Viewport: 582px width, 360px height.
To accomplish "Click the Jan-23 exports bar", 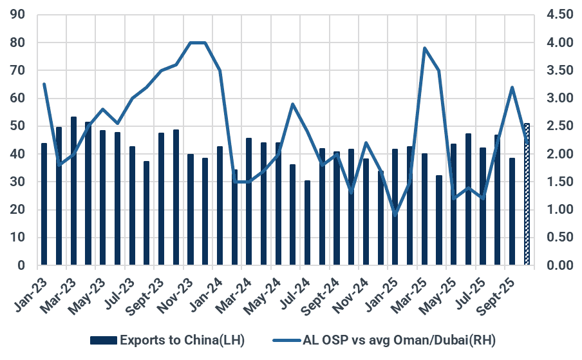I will pos(44,204).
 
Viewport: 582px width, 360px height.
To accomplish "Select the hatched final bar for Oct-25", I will pos(527,194).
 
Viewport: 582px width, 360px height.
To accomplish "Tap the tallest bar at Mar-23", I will pos(73,191).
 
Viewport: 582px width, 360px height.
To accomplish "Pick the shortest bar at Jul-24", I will pos(308,223).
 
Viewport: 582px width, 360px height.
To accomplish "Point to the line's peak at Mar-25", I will pos(425,48).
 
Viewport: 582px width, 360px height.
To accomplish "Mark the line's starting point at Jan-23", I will pos(44,84).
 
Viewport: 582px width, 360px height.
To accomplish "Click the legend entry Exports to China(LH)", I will pos(168,339).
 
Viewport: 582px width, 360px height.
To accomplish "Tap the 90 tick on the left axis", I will pos(18,15).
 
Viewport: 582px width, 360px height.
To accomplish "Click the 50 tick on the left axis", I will pos(18,126).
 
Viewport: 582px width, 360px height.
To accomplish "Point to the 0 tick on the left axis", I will pos(21,265).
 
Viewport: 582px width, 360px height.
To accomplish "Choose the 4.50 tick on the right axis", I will pos(559,15).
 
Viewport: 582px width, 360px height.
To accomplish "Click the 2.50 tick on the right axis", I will pos(559,126).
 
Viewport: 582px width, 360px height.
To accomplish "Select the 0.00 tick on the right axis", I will pos(559,265).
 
